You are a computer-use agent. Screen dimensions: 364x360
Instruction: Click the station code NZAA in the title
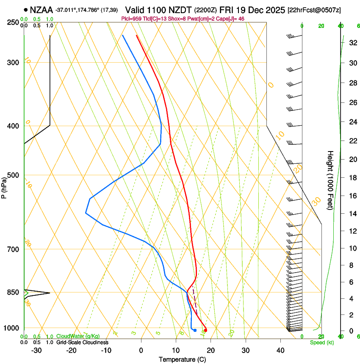coord(42,10)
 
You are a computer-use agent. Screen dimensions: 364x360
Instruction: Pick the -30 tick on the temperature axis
coord(36,350)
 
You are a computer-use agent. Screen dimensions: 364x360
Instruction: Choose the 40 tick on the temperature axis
coord(280,350)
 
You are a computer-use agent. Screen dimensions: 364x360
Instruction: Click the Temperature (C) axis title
coord(182,359)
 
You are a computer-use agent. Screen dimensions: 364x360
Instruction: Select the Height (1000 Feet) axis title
coord(331,180)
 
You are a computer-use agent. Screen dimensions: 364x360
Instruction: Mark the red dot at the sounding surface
coord(205,330)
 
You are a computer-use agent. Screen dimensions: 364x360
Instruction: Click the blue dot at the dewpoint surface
coord(195,330)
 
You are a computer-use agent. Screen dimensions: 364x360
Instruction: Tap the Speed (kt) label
coord(321,342)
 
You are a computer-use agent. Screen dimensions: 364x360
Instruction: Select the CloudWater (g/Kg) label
coord(78,336)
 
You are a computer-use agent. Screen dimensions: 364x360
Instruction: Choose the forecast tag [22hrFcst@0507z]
coord(314,10)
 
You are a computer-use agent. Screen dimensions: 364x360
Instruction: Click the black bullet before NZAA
coord(26,10)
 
